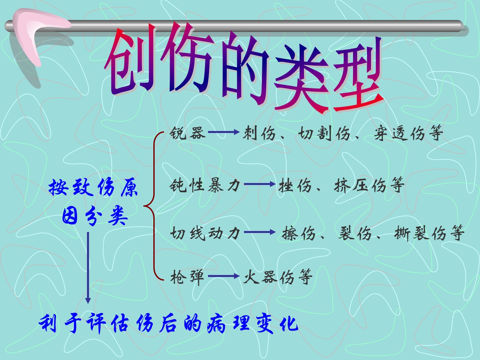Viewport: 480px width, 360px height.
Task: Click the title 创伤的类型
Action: click(244, 68)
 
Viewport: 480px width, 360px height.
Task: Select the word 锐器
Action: click(187, 132)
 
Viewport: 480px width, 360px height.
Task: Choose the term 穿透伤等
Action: click(408, 133)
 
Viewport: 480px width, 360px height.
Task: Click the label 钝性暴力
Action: click(205, 185)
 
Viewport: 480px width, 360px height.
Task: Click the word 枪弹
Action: click(187, 277)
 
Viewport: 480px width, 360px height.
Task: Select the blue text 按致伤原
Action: click(93, 187)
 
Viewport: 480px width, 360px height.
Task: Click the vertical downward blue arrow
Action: click(88, 268)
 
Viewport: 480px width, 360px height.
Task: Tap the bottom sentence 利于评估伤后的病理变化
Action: click(168, 323)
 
